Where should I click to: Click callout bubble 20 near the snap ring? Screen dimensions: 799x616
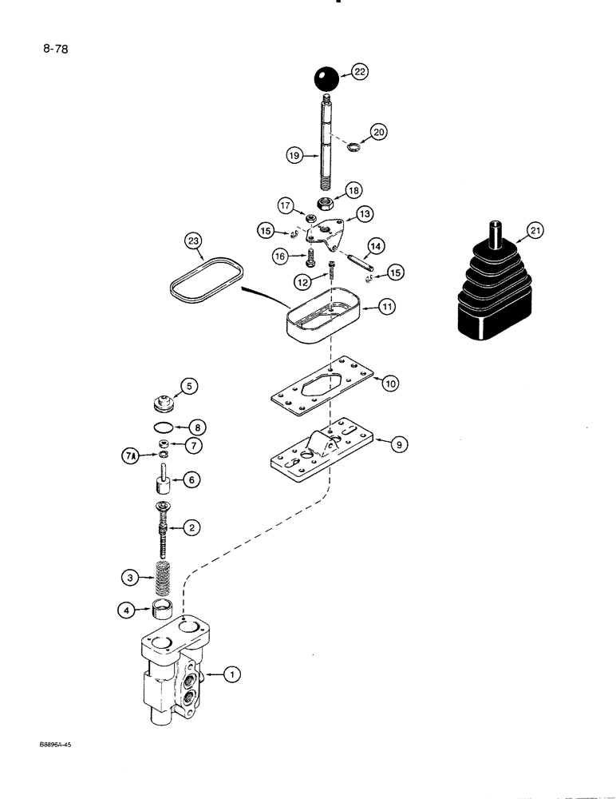[x=377, y=131]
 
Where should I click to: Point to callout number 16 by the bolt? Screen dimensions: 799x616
[x=280, y=256]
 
